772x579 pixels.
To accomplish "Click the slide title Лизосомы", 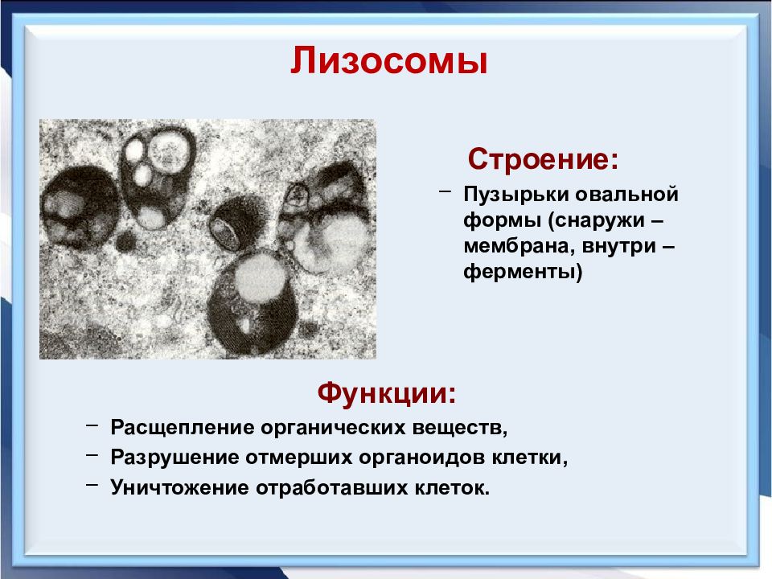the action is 389,60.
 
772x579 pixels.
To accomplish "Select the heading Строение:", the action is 543,159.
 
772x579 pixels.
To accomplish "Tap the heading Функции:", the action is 387,393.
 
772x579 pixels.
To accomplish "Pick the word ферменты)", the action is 523,272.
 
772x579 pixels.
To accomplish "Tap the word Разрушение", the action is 175,458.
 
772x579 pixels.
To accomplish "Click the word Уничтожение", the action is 179,488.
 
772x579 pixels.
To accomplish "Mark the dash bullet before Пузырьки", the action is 445,191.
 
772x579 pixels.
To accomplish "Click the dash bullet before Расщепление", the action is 92,425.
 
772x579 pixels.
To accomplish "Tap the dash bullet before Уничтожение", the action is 92,484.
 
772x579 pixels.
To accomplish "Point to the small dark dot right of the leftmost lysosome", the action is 125,242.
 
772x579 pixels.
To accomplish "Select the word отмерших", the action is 299,458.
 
